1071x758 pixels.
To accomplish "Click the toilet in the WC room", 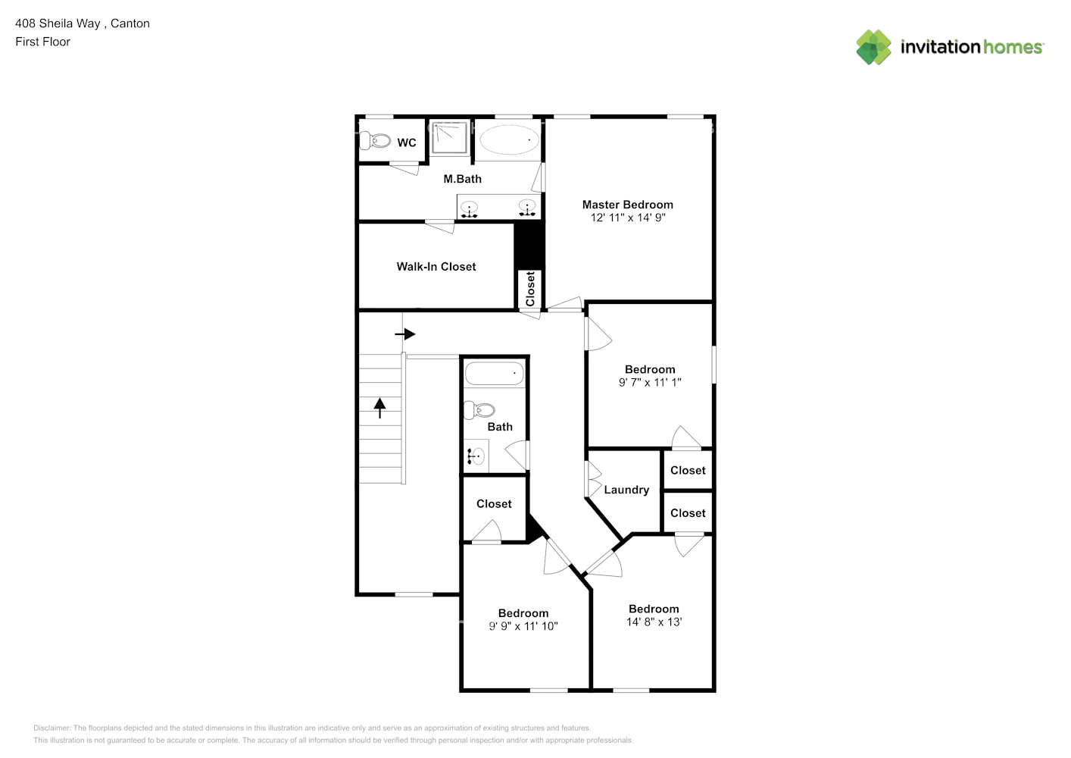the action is pyautogui.click(x=375, y=141).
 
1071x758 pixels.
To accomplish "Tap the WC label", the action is pyautogui.click(x=407, y=143).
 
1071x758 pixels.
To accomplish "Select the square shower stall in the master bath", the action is pyautogui.click(x=449, y=138).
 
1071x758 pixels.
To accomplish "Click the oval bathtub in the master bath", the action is pyautogui.click(x=509, y=139).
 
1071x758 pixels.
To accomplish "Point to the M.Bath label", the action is pyautogui.click(x=462, y=179).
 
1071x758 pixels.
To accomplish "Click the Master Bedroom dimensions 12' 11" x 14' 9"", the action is pyautogui.click(x=628, y=218).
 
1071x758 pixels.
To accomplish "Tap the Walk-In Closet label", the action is pyautogui.click(x=436, y=267).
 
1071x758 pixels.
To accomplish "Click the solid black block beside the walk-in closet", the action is pyautogui.click(x=529, y=245).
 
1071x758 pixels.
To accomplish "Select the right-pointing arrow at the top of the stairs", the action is pyautogui.click(x=405, y=334).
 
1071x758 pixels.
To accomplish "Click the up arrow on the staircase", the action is pyautogui.click(x=379, y=409).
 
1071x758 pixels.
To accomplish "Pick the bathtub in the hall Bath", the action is pyautogui.click(x=495, y=373).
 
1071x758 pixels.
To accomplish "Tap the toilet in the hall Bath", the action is pyautogui.click(x=479, y=410).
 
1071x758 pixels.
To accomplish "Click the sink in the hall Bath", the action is pyautogui.click(x=476, y=456).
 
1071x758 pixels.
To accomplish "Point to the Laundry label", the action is pyautogui.click(x=626, y=490).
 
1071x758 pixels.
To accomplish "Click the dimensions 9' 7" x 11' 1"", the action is pyautogui.click(x=650, y=382).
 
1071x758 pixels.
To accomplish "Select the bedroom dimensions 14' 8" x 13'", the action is pyautogui.click(x=654, y=622).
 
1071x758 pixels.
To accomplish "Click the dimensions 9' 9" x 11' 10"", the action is pyautogui.click(x=523, y=626).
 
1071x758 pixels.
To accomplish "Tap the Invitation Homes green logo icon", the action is pyautogui.click(x=873, y=47).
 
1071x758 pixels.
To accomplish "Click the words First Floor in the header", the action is pyautogui.click(x=42, y=42).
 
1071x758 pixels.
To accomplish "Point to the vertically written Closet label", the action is pyautogui.click(x=529, y=289).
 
